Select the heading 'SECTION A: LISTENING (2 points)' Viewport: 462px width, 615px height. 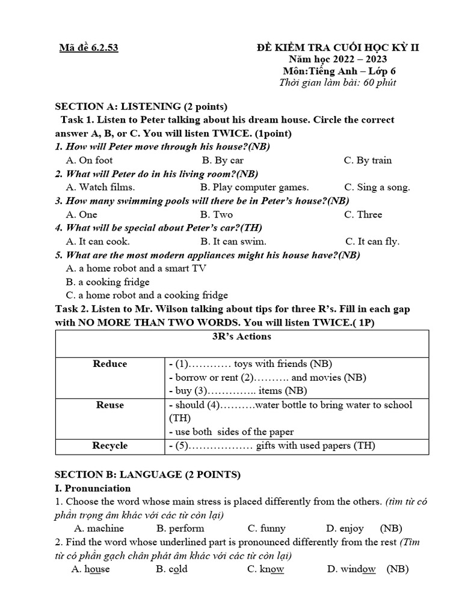click(141, 106)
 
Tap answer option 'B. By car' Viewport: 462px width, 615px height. click(222, 160)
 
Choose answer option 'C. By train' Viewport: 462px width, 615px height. click(367, 160)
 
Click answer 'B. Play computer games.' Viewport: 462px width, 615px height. click(254, 187)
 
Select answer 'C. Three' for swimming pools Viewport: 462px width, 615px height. click(363, 214)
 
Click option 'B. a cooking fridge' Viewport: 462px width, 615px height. click(108, 282)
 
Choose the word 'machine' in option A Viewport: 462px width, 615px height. click(105, 529)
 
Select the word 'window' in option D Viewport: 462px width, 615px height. click(358, 569)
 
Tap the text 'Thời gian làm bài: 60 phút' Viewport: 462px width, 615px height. click(337, 83)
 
